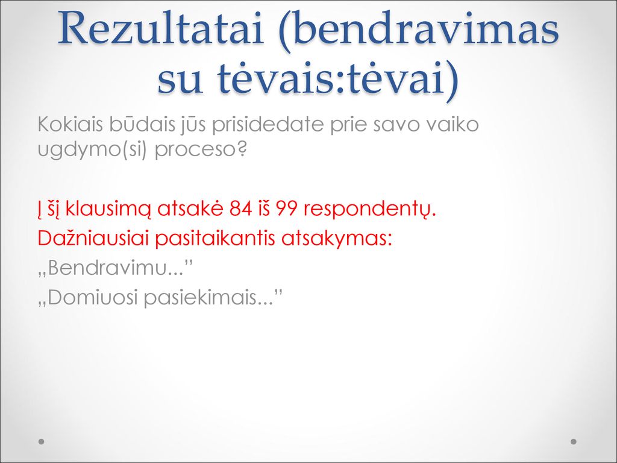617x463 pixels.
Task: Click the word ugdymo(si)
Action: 92,150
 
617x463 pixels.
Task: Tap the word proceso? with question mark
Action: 201,150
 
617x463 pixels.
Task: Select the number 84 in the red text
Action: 241,209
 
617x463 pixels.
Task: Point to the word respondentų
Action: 370,209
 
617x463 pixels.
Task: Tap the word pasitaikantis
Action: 215,239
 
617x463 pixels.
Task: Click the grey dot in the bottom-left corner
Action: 41,441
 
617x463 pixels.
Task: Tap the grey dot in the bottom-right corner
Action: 574,441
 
